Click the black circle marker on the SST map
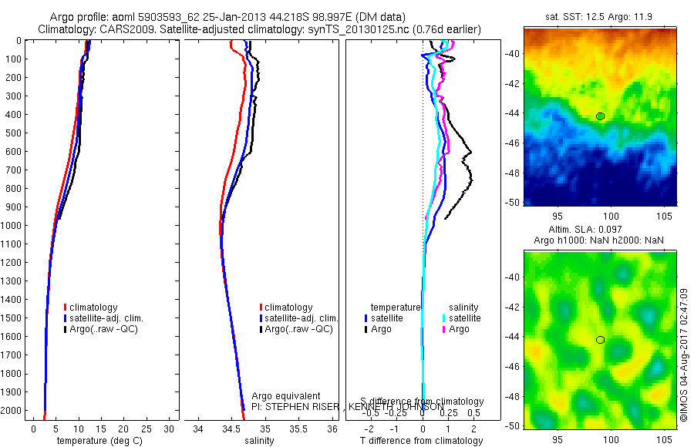[600, 116]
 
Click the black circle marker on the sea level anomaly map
[600, 340]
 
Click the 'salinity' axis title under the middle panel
[259, 441]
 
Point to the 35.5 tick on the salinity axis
[298, 429]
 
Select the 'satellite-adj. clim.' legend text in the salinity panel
[302, 318]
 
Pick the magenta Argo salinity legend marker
[443, 329]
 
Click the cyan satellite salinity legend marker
[443, 318]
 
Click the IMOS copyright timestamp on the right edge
[684, 355]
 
